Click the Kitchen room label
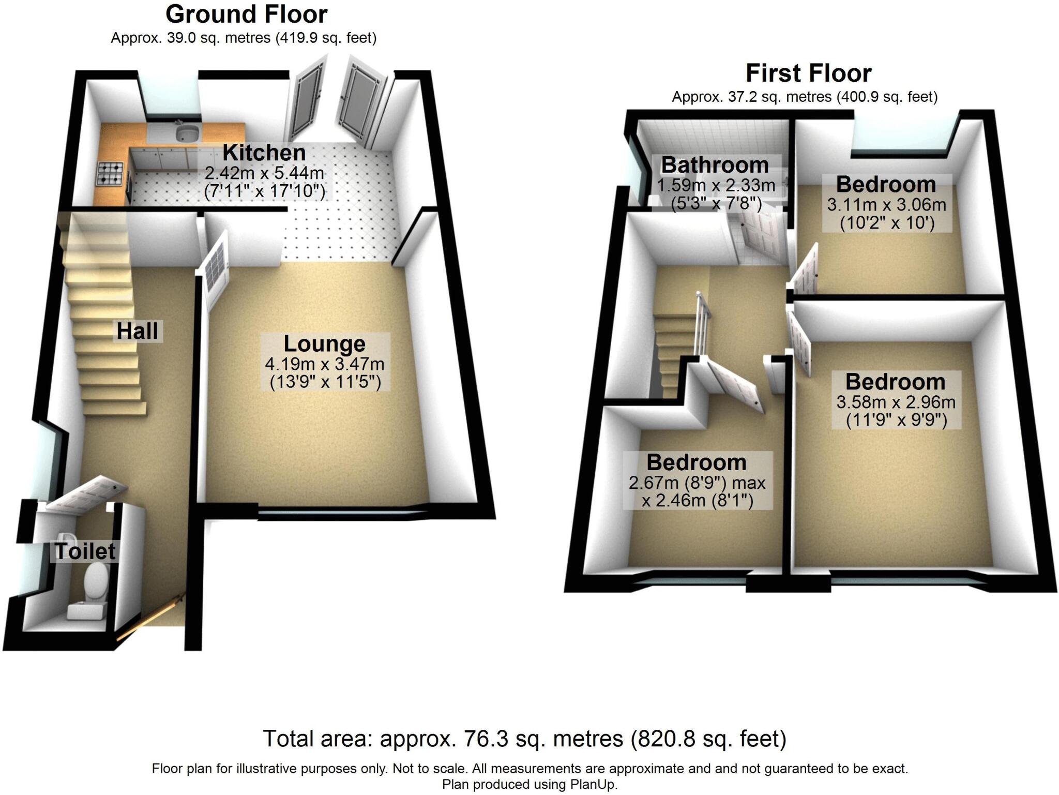click(264, 153)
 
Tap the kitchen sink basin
click(187, 133)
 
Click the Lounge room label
click(324, 344)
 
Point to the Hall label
click(137, 332)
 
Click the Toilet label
click(85, 551)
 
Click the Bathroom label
click(715, 166)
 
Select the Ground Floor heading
click(246, 14)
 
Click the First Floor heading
click(808, 73)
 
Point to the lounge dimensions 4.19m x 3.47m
click(324, 364)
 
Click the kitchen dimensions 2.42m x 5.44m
click(264, 173)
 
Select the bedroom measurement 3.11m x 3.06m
click(886, 205)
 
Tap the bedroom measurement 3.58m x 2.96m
click(896, 402)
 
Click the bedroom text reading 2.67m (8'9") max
click(697, 483)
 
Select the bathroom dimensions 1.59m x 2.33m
click(716, 185)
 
